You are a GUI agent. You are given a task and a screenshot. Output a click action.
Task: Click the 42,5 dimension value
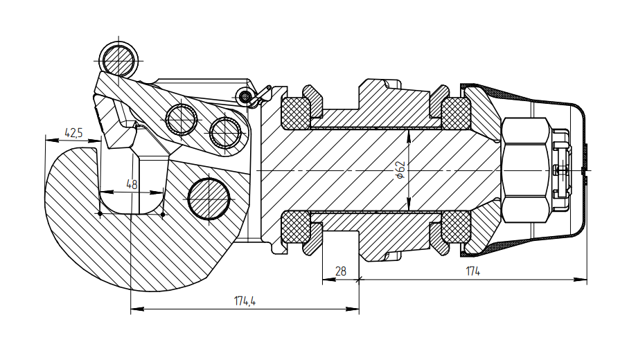[x=73, y=132]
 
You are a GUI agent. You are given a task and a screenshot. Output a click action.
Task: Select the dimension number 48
[x=131, y=184]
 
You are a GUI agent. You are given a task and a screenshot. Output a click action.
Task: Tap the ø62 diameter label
[x=400, y=170]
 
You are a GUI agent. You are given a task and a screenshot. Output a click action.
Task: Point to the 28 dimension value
[x=340, y=272]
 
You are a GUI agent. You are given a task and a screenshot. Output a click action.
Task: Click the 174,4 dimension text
[x=245, y=301]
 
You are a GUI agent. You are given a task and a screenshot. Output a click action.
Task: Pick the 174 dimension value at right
[x=473, y=272]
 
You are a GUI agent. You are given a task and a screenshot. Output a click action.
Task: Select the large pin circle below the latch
[x=209, y=198]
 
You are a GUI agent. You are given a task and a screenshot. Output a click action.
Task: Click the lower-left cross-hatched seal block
[x=294, y=227]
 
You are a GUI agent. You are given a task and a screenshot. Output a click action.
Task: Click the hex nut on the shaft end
[x=526, y=170]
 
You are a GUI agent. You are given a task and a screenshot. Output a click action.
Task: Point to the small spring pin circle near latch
[x=243, y=97]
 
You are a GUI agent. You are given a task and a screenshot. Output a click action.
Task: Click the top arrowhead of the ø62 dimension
[x=409, y=133]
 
